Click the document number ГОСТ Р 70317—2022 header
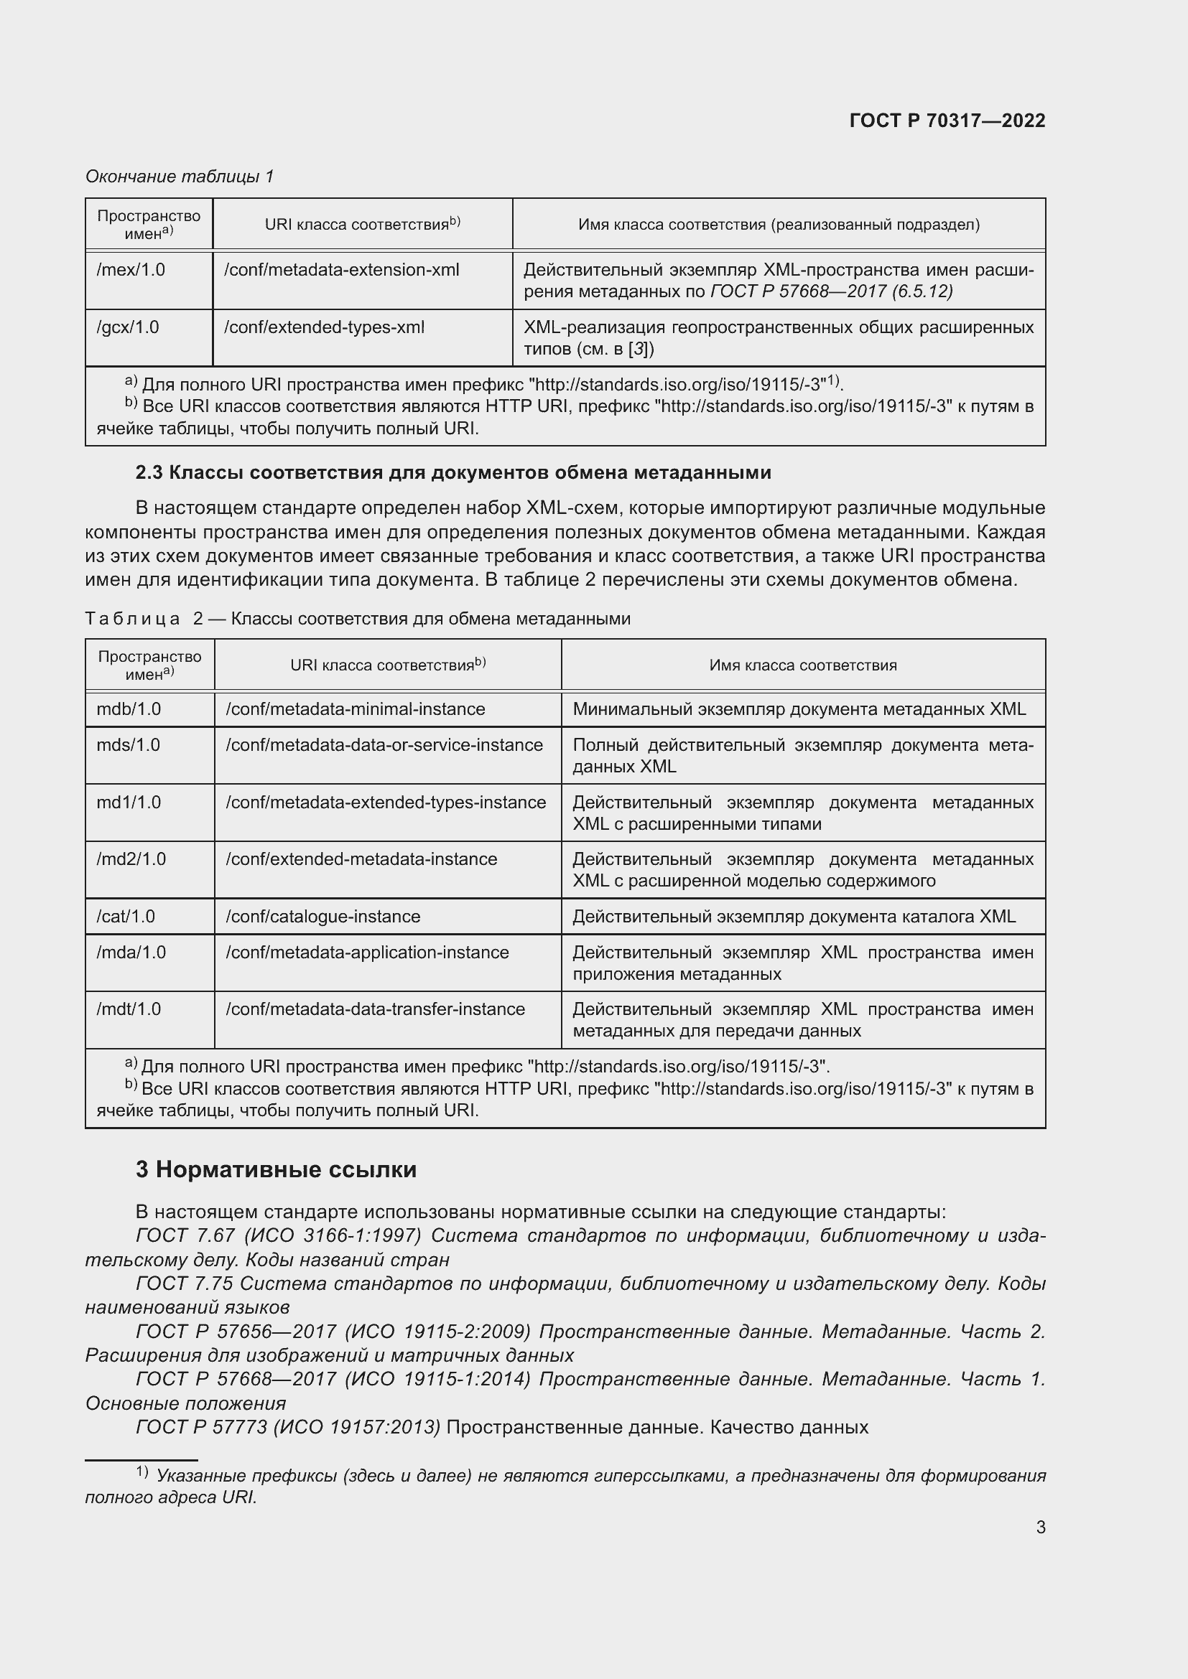947,121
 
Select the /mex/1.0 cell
131,270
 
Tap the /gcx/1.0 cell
128,327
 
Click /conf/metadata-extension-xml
342,270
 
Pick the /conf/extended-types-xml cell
324,327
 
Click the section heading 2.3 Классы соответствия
453,472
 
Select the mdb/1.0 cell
129,708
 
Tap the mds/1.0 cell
128,744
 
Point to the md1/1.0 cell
129,803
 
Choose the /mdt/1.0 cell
129,1009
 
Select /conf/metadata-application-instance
367,952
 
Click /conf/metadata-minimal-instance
356,708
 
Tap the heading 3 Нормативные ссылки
276,1169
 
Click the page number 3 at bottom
1040,1527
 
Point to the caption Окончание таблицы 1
180,177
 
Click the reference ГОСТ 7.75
184,1283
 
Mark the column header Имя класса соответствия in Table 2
802,665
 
